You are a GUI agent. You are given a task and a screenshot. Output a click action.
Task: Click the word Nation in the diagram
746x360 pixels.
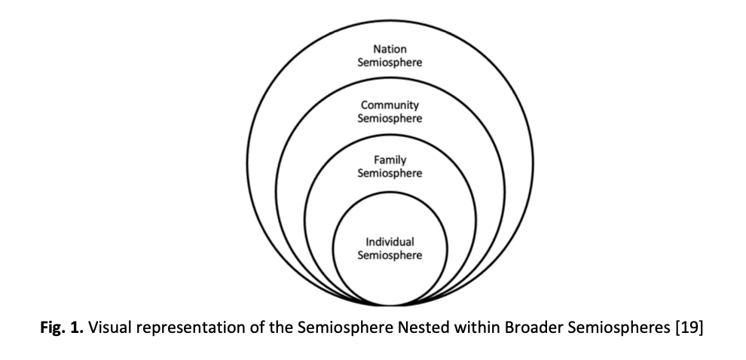[x=390, y=50]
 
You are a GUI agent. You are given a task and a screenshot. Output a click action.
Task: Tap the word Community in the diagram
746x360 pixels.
[x=390, y=105]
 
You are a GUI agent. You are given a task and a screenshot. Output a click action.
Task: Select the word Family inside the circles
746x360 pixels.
[x=390, y=160]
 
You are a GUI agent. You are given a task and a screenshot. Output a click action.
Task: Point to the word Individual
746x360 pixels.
[x=390, y=242]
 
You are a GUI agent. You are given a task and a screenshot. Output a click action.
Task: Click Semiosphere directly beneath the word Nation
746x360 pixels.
[x=390, y=63]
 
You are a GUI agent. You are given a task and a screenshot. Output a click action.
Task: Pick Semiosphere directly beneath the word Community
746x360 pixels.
[x=390, y=118]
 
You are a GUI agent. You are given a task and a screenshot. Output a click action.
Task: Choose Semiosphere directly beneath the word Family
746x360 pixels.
[x=390, y=173]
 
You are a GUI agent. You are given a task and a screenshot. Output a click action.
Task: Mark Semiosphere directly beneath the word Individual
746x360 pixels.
[x=390, y=255]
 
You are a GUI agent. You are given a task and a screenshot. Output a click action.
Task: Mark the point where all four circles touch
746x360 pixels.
[x=390, y=304]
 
